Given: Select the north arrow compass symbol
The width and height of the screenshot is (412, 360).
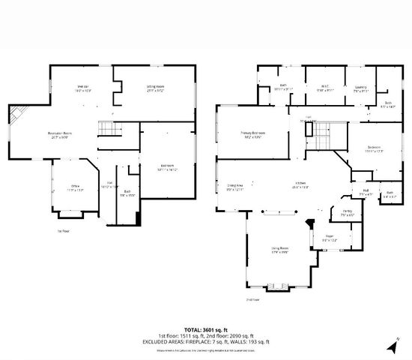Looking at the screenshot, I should pyautogui.click(x=390, y=347).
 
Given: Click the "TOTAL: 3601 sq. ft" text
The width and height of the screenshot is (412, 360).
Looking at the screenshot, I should pyautogui.click(x=205, y=329).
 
